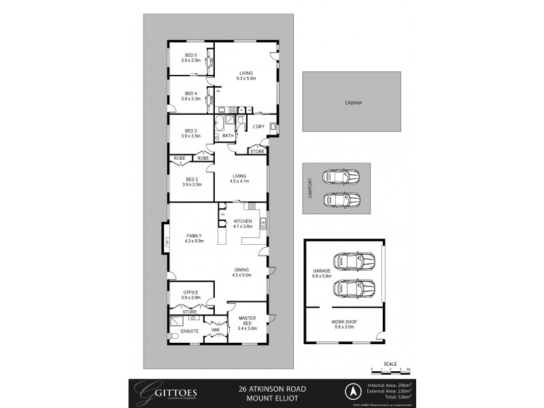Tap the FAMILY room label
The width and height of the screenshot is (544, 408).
pos(194,236)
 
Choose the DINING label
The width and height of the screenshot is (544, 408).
pos(242,269)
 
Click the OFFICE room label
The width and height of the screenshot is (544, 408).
pos(190,292)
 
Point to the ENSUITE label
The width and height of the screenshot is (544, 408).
pos(190,332)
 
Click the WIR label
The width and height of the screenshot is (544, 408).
pos(215,332)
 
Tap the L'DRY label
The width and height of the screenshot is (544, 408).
pos(258,127)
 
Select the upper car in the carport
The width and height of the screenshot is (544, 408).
pos(341,177)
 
